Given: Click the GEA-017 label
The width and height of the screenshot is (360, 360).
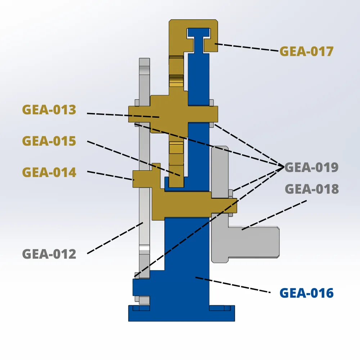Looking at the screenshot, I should pyautogui.click(x=306, y=51).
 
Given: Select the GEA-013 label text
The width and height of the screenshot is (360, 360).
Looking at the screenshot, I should pyautogui.click(x=49, y=109).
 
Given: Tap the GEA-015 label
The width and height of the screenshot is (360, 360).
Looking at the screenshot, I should pyautogui.click(x=49, y=141).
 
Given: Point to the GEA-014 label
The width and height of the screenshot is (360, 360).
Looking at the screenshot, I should pyautogui.click(x=49, y=172).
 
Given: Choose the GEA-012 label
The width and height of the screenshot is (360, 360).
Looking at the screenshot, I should pyautogui.click(x=49, y=254).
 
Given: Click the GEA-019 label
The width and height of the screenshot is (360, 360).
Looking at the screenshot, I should pyautogui.click(x=311, y=167).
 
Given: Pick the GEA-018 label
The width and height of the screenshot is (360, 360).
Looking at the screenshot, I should pyautogui.click(x=312, y=189).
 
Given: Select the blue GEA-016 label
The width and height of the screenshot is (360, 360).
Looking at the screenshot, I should pyautogui.click(x=307, y=293).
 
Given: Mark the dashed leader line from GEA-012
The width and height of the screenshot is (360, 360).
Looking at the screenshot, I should pyautogui.click(x=115, y=238).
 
